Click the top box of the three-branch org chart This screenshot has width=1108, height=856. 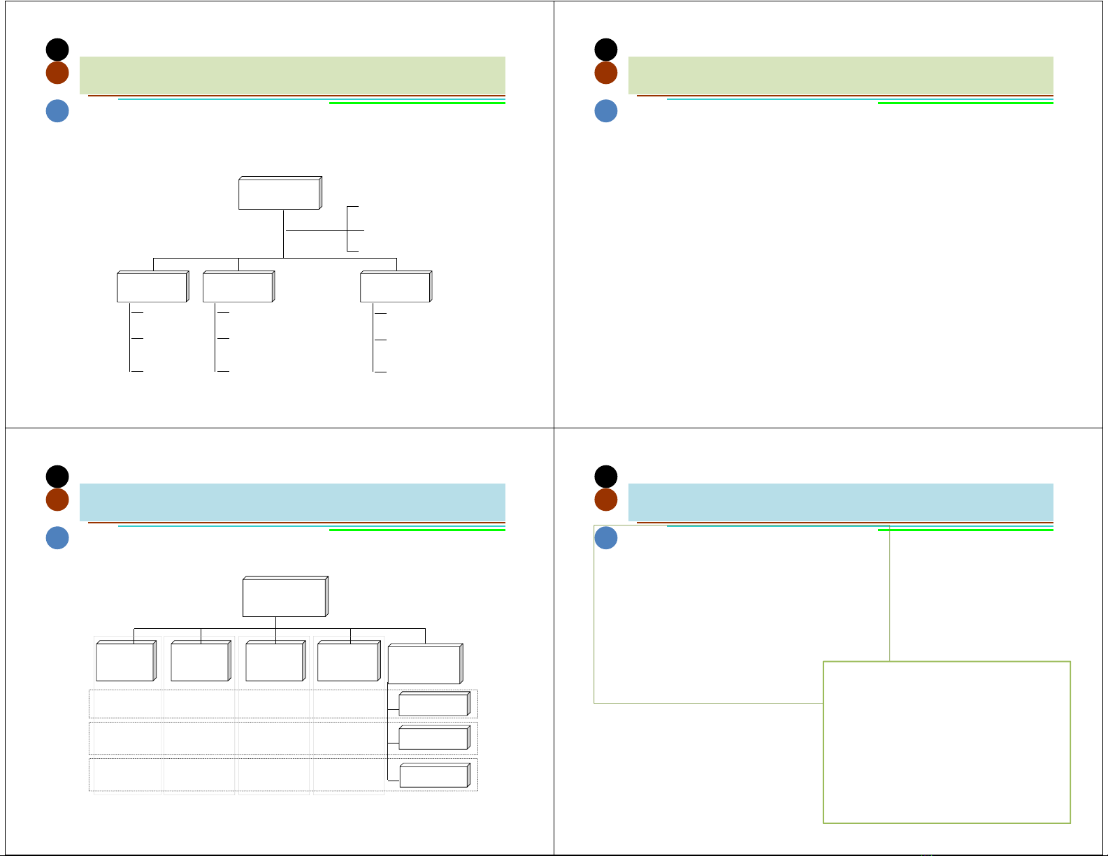pos(280,193)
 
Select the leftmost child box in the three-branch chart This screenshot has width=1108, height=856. pos(152,286)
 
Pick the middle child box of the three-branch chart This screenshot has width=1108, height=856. pos(238,286)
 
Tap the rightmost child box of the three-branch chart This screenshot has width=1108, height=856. pos(396,286)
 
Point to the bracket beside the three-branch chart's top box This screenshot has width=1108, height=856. pos(352,228)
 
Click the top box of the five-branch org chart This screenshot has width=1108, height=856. pos(285,597)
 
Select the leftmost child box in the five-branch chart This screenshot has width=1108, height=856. pos(124,662)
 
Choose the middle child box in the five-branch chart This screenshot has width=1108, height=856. pos(275,662)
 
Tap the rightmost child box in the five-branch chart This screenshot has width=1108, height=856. pos(424,664)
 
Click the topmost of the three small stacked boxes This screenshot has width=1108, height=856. pos(433,704)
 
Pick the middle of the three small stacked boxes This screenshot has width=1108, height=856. pos(433,738)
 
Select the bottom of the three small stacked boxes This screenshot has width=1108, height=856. pos(433,776)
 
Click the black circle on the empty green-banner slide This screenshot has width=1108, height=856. pos(606,50)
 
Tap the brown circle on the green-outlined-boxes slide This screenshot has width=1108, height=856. pos(606,500)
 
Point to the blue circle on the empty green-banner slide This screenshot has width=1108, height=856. pos(606,111)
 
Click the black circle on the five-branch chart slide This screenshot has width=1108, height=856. pos(57,477)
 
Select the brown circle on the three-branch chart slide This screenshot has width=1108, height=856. pos(57,73)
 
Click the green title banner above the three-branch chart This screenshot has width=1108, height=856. pos(292,75)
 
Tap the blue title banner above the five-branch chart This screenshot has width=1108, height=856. pos(292,502)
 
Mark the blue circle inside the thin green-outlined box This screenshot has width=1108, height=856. pos(606,538)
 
